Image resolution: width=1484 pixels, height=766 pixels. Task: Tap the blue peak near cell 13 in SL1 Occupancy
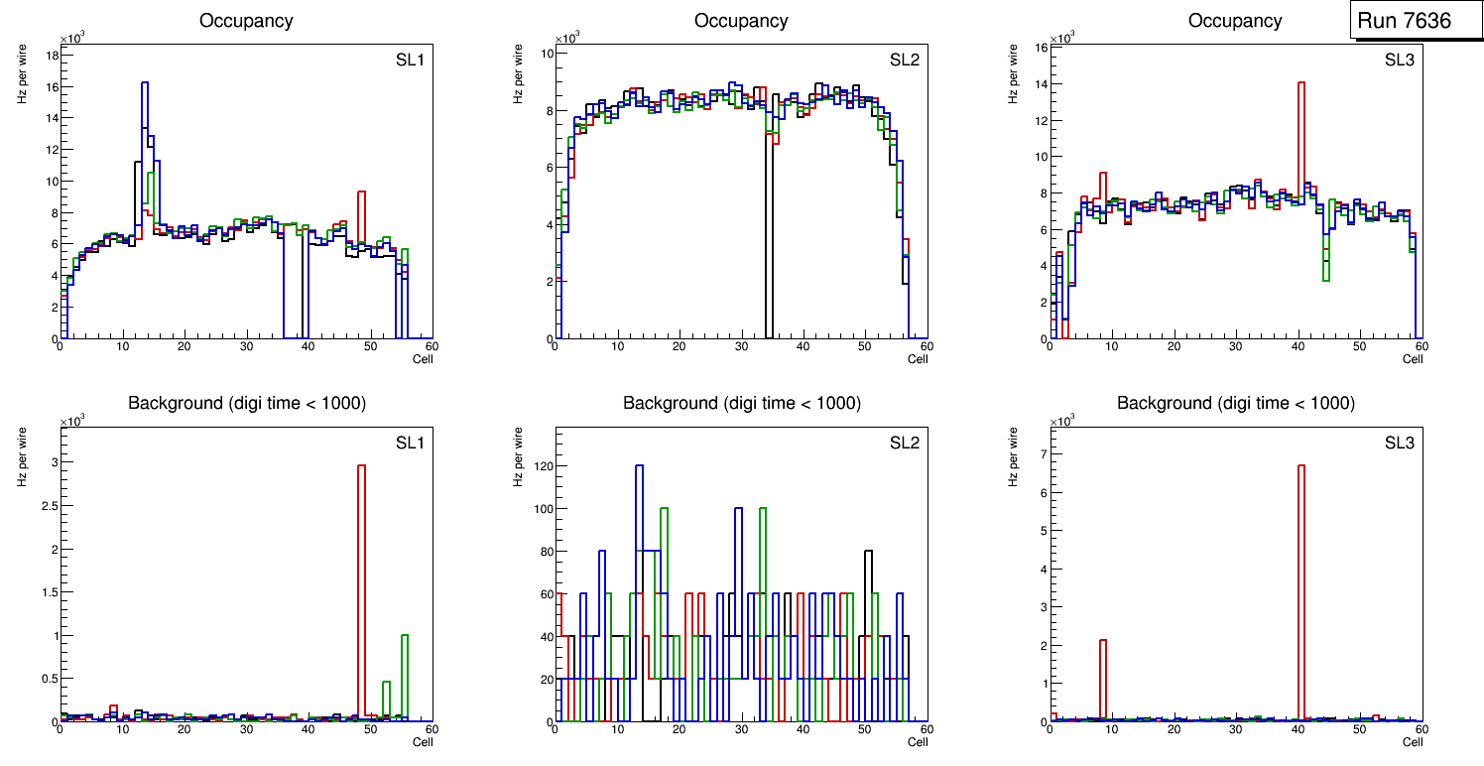pyautogui.click(x=145, y=84)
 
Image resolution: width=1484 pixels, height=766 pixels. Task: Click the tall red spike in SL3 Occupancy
pyautogui.click(x=1300, y=84)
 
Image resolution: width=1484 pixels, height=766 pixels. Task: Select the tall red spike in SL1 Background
pyautogui.click(x=362, y=466)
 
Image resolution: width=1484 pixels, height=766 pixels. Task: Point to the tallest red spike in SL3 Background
pyautogui.click(x=1300, y=466)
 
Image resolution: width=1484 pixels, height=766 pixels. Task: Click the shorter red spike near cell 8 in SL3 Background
pyautogui.click(x=1102, y=641)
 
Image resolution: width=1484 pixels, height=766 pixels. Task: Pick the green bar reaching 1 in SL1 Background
pyautogui.click(x=405, y=637)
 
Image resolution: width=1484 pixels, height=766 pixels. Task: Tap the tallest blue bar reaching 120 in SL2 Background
pyautogui.click(x=640, y=466)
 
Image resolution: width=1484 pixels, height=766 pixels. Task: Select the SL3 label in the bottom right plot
pyautogui.click(x=1399, y=443)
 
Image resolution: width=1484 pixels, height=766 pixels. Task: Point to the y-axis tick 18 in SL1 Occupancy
pyautogui.click(x=52, y=55)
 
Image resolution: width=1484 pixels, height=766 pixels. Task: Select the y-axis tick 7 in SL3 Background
pyautogui.click(x=1043, y=453)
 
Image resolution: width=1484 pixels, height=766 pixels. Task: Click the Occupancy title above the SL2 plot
pyautogui.click(x=741, y=21)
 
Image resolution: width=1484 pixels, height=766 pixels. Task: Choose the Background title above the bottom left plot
pyautogui.click(x=247, y=403)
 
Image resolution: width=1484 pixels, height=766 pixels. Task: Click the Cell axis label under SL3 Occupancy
pyautogui.click(x=1412, y=359)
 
